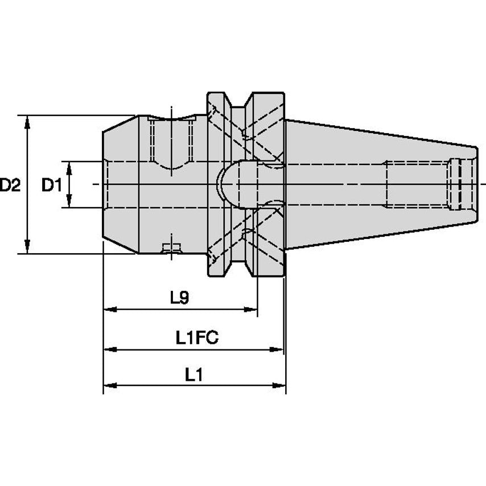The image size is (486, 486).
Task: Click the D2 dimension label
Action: click(10, 185)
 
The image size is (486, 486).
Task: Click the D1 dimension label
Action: click(52, 185)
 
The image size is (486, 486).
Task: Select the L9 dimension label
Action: click(179, 298)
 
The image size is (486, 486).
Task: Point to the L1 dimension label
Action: click(193, 374)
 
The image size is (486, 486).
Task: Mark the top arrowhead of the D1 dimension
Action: click(69, 166)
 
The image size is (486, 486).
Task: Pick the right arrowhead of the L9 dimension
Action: click(252, 310)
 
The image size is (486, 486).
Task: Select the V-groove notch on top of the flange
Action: click(239, 102)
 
